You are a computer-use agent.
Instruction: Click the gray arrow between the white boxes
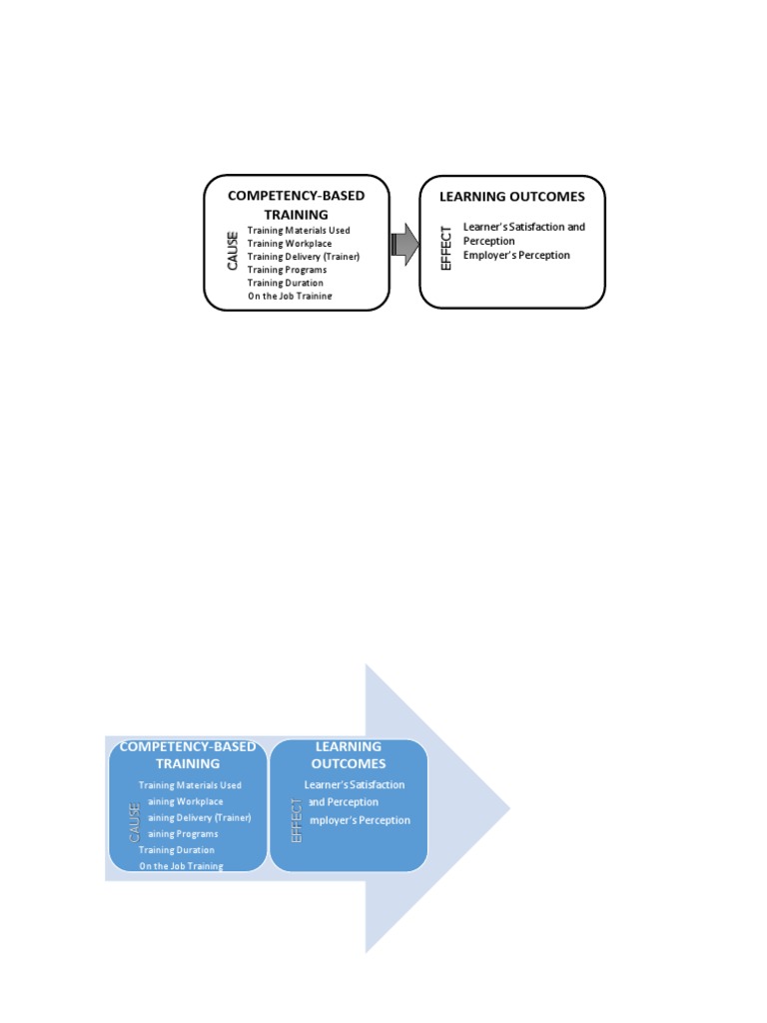click(x=403, y=244)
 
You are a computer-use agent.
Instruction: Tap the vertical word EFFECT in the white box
click(x=446, y=247)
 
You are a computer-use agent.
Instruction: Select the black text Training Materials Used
click(x=299, y=231)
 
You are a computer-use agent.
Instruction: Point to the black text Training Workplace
click(x=290, y=244)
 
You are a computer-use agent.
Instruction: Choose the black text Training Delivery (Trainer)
click(x=303, y=257)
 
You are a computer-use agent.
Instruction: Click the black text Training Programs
click(x=287, y=270)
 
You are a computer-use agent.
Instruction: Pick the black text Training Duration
click(x=286, y=283)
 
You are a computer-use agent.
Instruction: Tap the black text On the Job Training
click(x=290, y=296)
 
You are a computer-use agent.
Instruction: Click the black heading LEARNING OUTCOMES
click(x=511, y=197)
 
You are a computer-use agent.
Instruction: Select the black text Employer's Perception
click(x=516, y=255)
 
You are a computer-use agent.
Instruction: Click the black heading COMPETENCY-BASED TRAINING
click(x=296, y=204)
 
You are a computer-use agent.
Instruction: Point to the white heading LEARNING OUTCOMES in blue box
click(x=349, y=755)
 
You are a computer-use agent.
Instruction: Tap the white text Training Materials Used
click(x=190, y=785)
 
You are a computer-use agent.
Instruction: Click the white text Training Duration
click(x=176, y=850)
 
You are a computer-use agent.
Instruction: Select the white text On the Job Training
click(x=181, y=866)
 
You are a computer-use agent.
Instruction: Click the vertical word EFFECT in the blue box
click(x=296, y=821)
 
